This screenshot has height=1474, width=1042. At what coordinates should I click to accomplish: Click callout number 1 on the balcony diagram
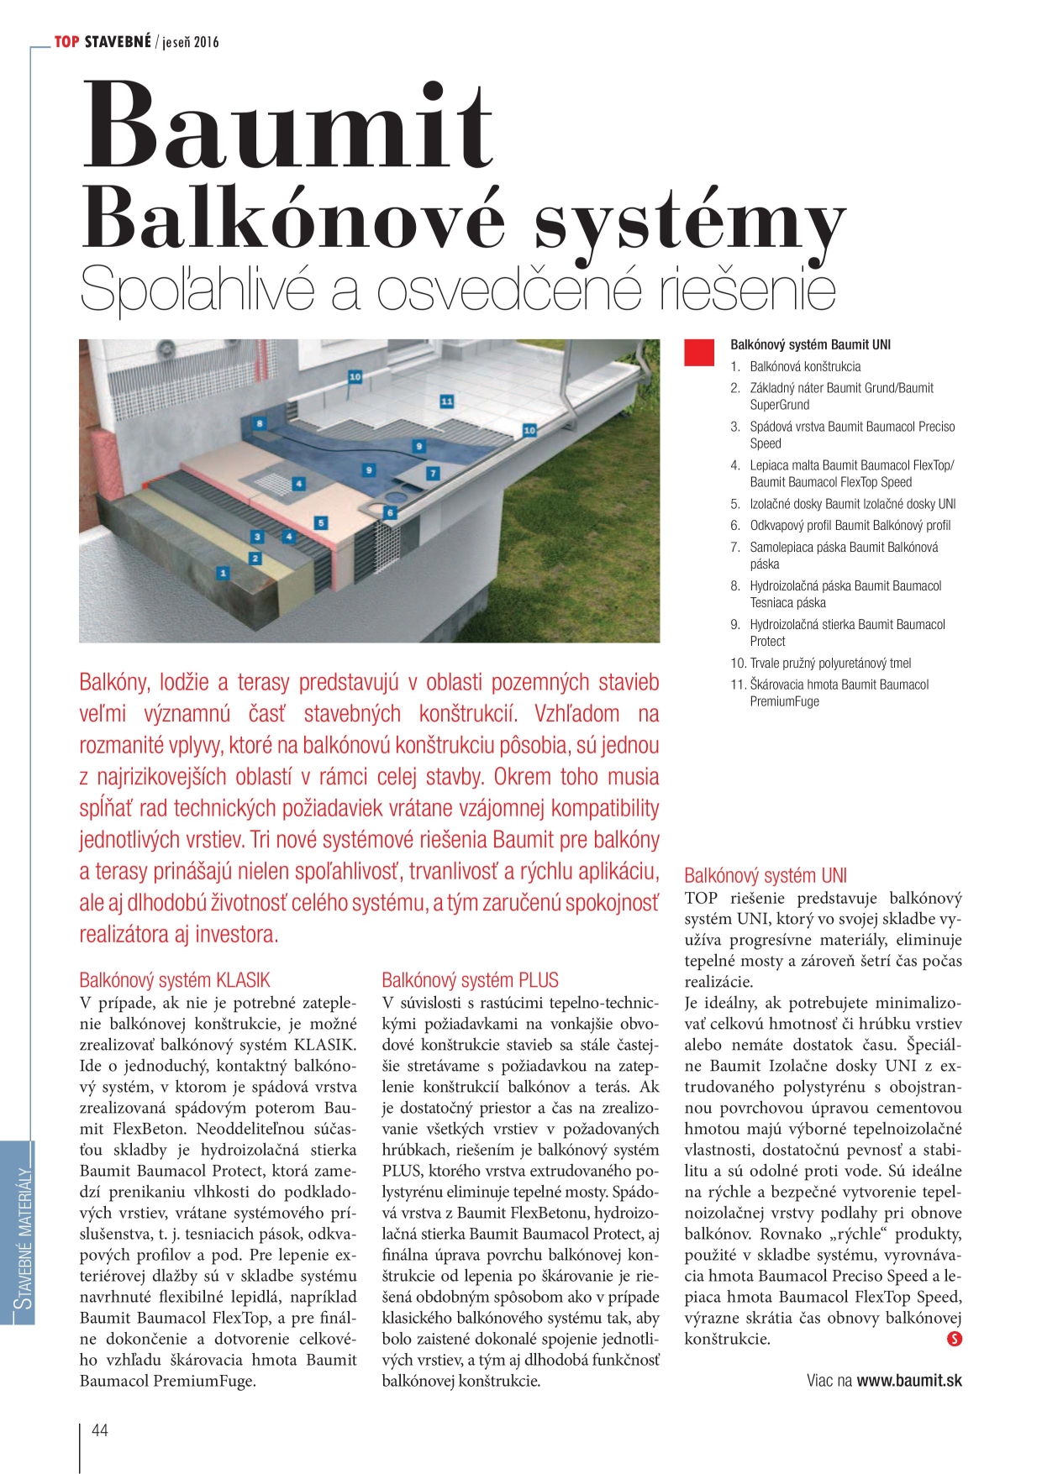223,573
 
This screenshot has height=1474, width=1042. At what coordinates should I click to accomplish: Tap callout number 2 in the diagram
255,558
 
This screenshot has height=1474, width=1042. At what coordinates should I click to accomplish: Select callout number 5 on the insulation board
320,522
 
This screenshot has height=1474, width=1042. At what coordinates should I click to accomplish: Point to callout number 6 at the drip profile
390,511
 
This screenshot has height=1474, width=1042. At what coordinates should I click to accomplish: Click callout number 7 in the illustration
433,474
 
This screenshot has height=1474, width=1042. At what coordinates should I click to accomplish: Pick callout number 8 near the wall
260,423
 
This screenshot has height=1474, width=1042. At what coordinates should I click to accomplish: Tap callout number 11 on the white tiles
446,401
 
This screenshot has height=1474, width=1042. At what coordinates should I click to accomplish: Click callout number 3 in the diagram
257,536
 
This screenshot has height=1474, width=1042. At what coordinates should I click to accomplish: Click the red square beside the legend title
699,353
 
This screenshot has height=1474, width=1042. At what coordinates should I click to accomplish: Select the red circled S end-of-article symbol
954,1339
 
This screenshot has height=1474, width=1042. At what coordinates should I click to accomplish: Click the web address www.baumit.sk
909,1380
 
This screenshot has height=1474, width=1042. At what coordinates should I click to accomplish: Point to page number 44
100,1429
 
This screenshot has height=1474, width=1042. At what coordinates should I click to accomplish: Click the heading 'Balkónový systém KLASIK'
175,980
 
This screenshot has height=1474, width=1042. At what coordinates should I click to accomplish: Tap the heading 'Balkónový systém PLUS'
470,980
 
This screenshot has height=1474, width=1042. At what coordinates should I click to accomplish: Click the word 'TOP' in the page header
66,41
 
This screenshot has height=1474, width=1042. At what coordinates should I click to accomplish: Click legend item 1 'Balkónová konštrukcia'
804,366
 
